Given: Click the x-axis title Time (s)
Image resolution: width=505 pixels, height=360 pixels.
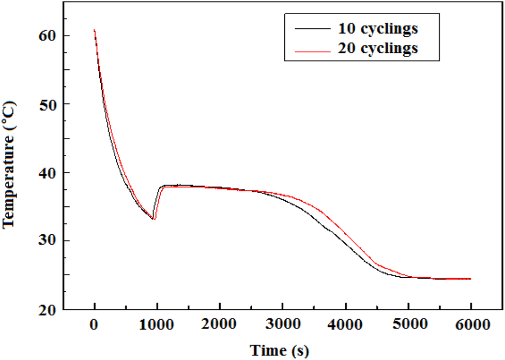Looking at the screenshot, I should click(x=280, y=351).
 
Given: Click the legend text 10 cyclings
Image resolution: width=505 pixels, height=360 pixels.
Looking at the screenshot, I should click(x=375, y=29).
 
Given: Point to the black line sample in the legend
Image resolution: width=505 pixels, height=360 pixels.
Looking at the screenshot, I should click(x=310, y=29).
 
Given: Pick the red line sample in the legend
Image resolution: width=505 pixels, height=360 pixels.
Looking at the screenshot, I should click(x=310, y=50).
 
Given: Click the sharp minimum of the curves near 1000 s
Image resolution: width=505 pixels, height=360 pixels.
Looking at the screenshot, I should click(x=154, y=219).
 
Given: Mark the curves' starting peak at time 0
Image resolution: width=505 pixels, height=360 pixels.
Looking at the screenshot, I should click(x=94, y=30).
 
